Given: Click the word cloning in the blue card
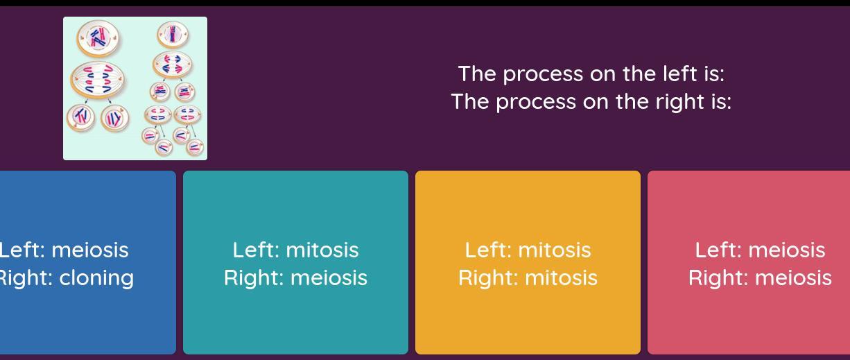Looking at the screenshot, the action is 96,278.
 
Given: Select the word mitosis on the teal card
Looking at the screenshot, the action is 322,250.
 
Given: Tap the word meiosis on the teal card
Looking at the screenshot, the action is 329,278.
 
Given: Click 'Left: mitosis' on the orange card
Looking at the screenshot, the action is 528,250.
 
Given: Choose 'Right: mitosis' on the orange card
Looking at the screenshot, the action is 528,278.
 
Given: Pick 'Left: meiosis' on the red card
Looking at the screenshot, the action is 760,250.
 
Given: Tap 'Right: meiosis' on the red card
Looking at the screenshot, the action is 760,278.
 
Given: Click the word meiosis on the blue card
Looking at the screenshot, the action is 90,250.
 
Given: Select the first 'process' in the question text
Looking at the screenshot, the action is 543,75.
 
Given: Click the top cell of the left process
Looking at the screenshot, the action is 98,38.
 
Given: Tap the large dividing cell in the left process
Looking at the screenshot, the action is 98,80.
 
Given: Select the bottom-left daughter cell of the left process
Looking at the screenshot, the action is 81,117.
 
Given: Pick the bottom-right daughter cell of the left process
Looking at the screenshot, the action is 114,118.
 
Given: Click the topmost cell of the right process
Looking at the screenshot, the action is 173,35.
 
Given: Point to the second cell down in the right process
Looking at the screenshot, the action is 173,65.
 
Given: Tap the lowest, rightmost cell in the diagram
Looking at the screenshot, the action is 195,147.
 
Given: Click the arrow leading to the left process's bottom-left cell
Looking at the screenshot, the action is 86,101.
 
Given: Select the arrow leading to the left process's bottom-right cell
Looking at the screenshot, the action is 110,101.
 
